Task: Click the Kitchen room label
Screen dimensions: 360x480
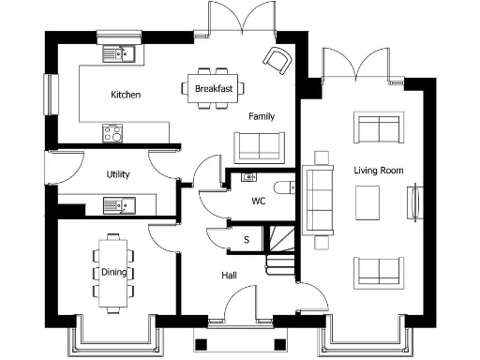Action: point(126,95)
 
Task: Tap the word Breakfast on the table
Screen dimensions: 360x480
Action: point(213,88)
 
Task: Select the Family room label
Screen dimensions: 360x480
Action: point(262,116)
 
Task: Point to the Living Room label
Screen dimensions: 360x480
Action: point(378,171)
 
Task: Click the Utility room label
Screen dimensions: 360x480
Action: point(118,174)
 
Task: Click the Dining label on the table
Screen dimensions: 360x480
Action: point(113,273)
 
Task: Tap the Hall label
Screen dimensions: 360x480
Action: point(229,276)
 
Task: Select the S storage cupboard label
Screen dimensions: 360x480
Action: point(247,240)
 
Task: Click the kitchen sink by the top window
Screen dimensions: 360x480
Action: point(121,53)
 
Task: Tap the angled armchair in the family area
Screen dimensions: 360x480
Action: point(277,60)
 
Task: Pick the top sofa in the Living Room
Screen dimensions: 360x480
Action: point(377,128)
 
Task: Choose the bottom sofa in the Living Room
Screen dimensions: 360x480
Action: point(377,271)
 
